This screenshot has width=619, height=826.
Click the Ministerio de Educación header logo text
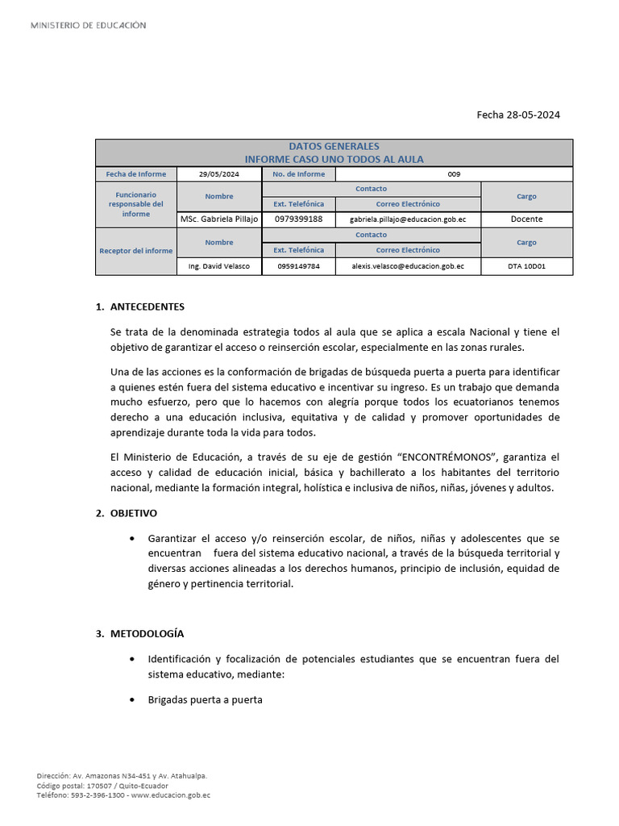pyautogui.click(x=89, y=26)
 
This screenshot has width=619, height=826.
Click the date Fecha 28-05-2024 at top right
pyautogui.click(x=517, y=115)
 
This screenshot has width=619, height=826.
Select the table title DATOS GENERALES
pyautogui.click(x=334, y=147)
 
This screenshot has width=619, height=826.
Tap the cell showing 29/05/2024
pyautogui.click(x=219, y=174)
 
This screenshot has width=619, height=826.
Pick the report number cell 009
pyautogui.click(x=454, y=174)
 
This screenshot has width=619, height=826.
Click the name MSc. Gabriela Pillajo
pyautogui.click(x=219, y=219)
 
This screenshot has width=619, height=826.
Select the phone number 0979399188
pyautogui.click(x=298, y=219)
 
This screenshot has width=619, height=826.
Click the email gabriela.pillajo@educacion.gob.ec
pyautogui.click(x=408, y=219)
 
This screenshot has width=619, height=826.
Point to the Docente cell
pyautogui.click(x=526, y=219)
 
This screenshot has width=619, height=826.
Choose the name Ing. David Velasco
pyautogui.click(x=219, y=266)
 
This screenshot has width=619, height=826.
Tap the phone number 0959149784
pyautogui.click(x=298, y=266)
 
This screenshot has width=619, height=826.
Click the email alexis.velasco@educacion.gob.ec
pyautogui.click(x=408, y=266)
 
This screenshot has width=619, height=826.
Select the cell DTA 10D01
pyautogui.click(x=526, y=266)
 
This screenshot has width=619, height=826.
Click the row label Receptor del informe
pyautogui.click(x=135, y=251)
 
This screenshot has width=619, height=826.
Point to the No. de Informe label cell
pyautogui.click(x=298, y=174)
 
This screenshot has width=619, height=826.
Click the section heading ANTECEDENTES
pyautogui.click(x=147, y=307)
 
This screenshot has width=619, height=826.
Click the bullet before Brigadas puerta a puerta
pyautogui.click(x=131, y=700)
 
